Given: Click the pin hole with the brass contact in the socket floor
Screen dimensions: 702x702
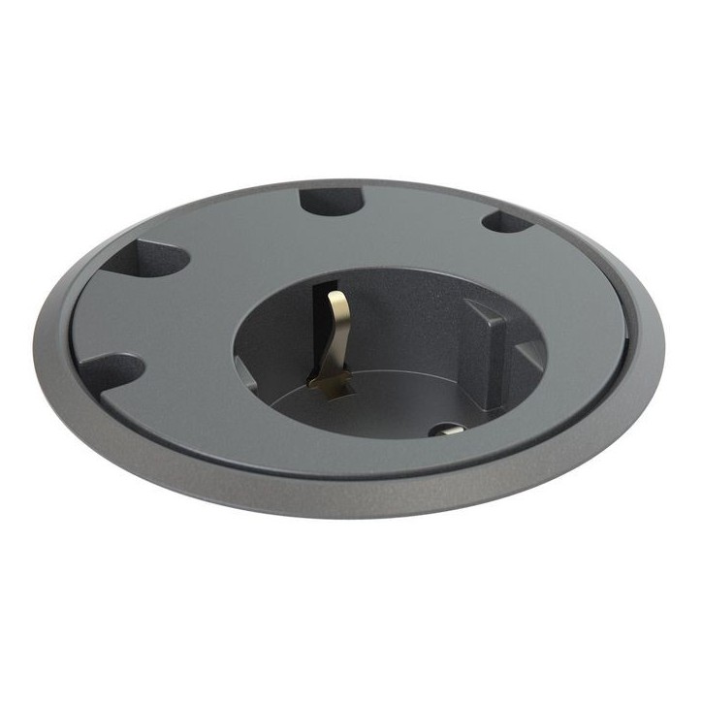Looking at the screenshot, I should pos(448,431).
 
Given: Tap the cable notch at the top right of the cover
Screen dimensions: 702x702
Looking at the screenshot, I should pos(506,222).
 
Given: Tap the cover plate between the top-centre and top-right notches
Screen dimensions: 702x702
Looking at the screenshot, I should pos(417,218).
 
